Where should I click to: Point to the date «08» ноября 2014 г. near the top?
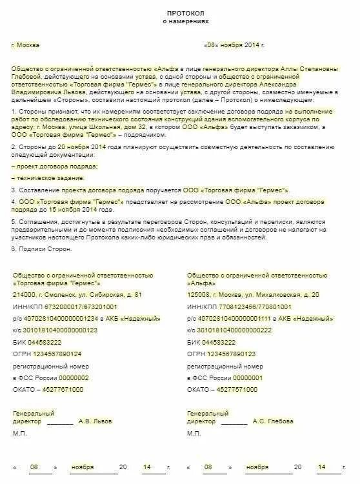pyautogui.click(x=234, y=45)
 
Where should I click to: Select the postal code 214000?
pyautogui.click(x=24, y=294)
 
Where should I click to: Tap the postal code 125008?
pyautogui.click(x=199, y=294)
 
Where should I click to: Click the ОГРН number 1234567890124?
pyautogui.click(x=58, y=354)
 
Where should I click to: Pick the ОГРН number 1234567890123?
pyautogui.click(x=232, y=354)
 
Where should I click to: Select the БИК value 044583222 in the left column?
pyautogui.click(x=45, y=342)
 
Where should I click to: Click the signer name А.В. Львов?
pyautogui.click(x=94, y=421)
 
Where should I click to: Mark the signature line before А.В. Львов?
pyautogui.click(x=60, y=423)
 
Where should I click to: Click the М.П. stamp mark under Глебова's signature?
pyautogui.click(x=194, y=433)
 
